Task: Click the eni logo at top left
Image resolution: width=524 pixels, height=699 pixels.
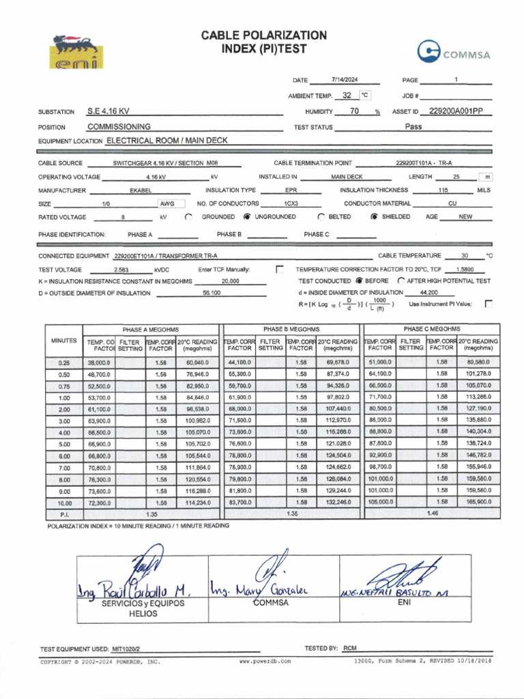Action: [x=75, y=52]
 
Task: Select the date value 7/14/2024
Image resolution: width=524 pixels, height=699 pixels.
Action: [x=345, y=80]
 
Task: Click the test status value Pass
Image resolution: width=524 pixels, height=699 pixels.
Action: [x=413, y=126]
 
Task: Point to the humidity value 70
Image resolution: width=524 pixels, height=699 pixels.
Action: [x=354, y=111]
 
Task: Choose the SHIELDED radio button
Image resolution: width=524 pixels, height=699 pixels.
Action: [x=374, y=217]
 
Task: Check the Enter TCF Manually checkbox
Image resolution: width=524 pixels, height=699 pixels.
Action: [x=279, y=270]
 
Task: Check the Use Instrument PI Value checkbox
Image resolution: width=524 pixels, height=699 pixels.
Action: [x=488, y=304]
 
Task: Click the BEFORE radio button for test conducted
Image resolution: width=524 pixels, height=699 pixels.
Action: [x=359, y=281]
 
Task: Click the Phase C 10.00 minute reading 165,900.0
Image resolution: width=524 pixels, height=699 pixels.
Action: [x=478, y=502]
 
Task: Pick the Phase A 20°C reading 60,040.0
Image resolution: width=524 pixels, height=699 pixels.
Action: [x=197, y=362]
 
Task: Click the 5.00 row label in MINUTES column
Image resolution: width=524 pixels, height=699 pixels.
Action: [x=64, y=444]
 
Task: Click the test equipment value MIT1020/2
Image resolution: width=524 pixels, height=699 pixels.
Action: [x=126, y=649]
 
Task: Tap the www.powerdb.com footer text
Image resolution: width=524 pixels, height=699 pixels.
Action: [x=265, y=661]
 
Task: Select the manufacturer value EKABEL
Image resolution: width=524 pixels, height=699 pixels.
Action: [x=140, y=190]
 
